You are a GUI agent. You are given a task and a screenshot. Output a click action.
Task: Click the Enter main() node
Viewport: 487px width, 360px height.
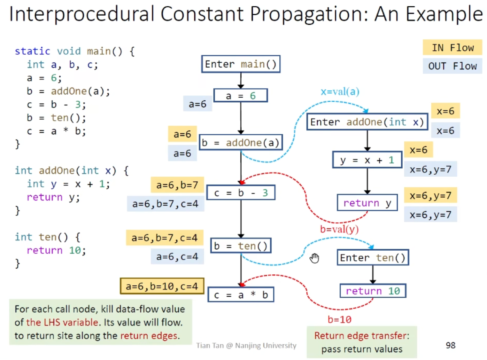click(241, 64)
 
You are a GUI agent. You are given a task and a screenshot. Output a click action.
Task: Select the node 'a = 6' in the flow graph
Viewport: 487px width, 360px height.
click(240, 96)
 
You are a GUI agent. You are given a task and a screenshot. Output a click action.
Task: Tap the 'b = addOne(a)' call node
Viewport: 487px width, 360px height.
click(241, 143)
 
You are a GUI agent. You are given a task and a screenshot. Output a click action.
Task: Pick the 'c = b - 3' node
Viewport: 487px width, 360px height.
click(241, 193)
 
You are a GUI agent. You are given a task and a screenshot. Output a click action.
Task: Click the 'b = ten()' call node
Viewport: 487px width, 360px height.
click(241, 246)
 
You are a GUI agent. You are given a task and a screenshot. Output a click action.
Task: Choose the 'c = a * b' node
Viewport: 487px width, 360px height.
click(241, 295)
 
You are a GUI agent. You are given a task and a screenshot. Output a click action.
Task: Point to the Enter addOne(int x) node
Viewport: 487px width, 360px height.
click(367, 122)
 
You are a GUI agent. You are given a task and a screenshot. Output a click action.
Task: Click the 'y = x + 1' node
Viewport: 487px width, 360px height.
click(367, 160)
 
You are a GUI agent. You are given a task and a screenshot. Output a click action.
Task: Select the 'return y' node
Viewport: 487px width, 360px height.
click(367, 203)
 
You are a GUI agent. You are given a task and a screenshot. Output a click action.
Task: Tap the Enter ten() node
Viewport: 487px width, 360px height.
click(373, 257)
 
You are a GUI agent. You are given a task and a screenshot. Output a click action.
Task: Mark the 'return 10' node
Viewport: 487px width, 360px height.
click(373, 291)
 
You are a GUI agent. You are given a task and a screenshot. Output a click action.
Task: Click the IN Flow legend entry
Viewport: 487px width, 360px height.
click(452, 48)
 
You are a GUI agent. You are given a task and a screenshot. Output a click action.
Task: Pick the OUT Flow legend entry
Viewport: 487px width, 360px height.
click(452, 66)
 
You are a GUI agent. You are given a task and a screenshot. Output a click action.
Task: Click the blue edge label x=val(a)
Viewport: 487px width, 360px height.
click(340, 92)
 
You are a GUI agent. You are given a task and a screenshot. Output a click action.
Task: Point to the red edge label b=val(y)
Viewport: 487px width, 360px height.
click(339, 229)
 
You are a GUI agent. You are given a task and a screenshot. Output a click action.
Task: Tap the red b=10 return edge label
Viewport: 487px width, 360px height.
click(339, 319)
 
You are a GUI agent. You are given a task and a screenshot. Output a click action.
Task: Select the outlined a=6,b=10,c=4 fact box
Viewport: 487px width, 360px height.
click(162, 286)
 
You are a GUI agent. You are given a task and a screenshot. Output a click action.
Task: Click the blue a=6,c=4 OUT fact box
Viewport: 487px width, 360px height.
click(177, 256)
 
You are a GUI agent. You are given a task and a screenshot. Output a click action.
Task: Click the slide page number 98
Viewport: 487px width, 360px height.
click(450, 345)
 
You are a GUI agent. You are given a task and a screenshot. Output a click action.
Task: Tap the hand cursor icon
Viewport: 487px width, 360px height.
click(314, 258)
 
